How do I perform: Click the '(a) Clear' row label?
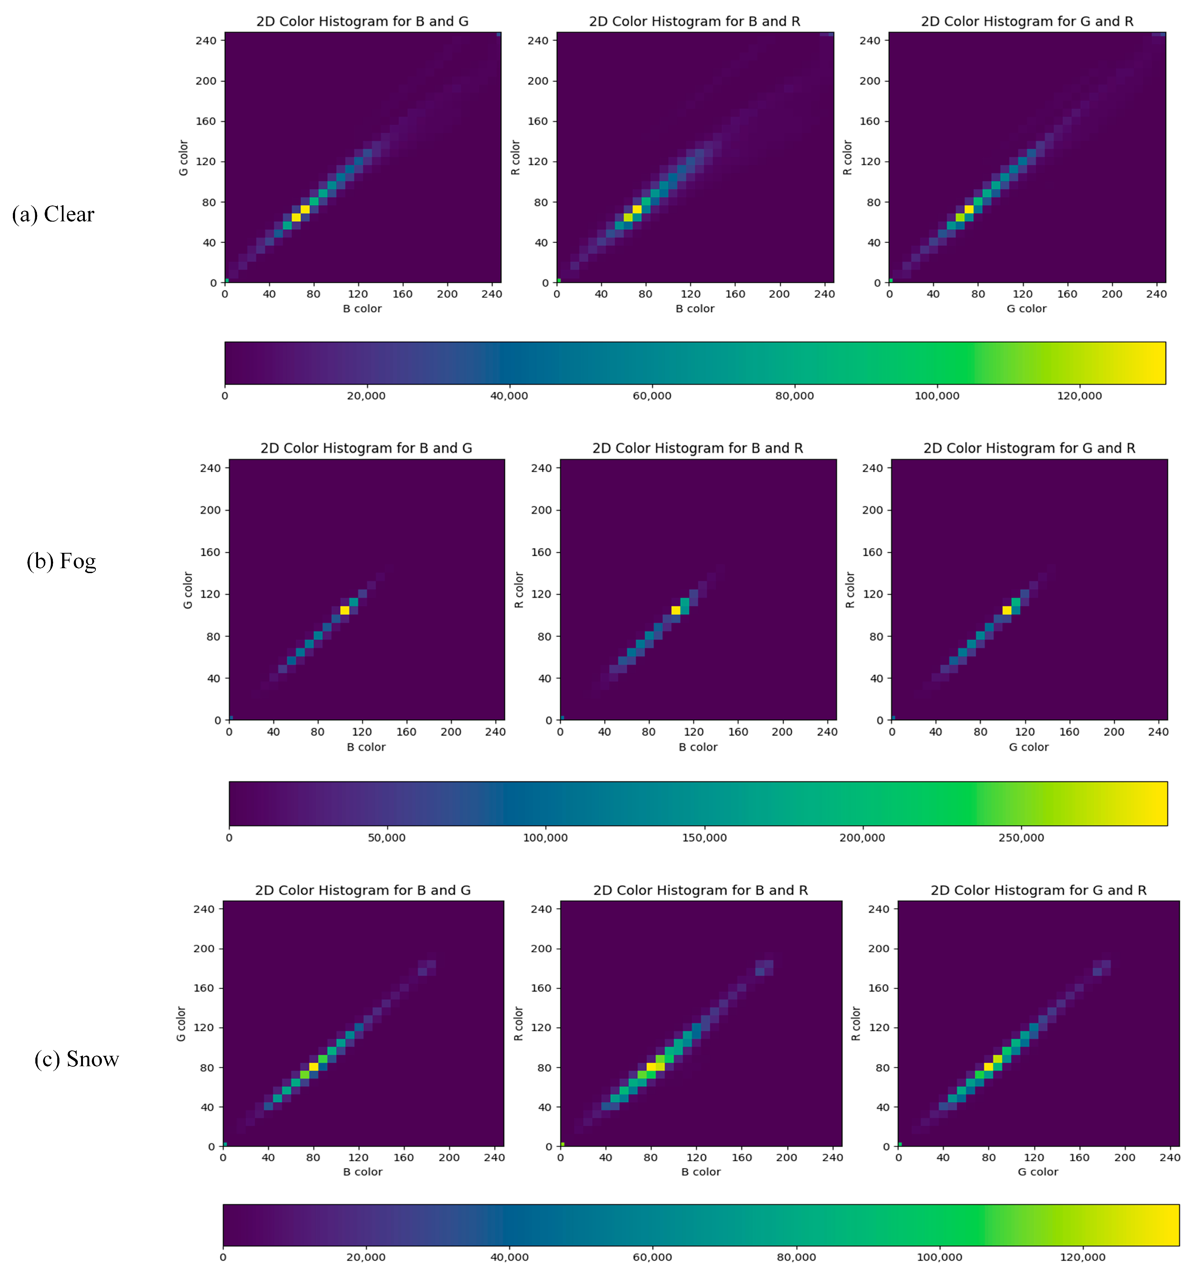53,214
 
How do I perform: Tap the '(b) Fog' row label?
62,561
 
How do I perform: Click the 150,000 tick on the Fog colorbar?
704,838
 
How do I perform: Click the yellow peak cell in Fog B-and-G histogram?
345,610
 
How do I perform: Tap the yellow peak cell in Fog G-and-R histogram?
1006,610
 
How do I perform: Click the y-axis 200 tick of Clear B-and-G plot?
206,81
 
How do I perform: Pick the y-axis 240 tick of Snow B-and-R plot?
541,909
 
